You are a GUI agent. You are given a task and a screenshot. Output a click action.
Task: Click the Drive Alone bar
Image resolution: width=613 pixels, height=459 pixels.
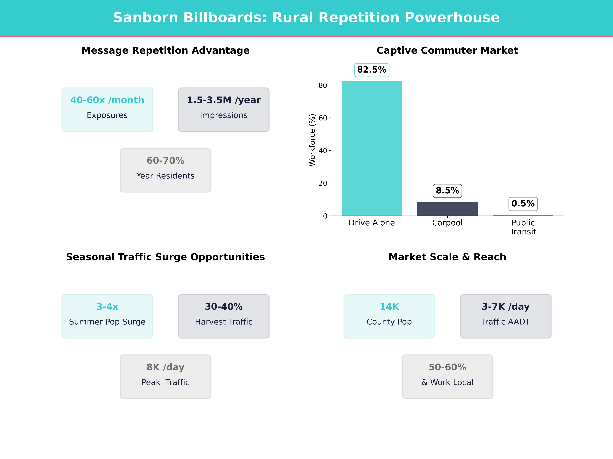click(372, 148)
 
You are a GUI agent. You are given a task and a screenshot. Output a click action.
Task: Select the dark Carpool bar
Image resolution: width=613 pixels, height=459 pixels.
click(447, 209)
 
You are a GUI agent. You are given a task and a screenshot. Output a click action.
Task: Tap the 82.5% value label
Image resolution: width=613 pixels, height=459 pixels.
click(372, 70)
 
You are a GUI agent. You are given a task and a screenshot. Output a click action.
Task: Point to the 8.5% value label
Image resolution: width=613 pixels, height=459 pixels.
click(447, 191)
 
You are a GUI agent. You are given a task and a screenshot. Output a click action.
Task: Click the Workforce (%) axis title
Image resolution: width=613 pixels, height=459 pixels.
click(312, 140)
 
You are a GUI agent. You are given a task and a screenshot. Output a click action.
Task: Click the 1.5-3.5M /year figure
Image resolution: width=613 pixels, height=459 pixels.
click(224, 100)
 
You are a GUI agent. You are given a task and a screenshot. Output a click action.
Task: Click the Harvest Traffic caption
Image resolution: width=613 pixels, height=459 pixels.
click(224, 322)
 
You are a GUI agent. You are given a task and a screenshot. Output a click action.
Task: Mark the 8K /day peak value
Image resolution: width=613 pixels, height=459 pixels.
click(165, 367)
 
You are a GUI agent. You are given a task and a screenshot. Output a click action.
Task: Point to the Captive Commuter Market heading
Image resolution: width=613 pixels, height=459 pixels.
click(447, 50)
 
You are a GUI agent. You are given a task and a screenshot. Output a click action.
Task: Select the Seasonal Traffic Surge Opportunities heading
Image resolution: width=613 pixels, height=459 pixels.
click(165, 257)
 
